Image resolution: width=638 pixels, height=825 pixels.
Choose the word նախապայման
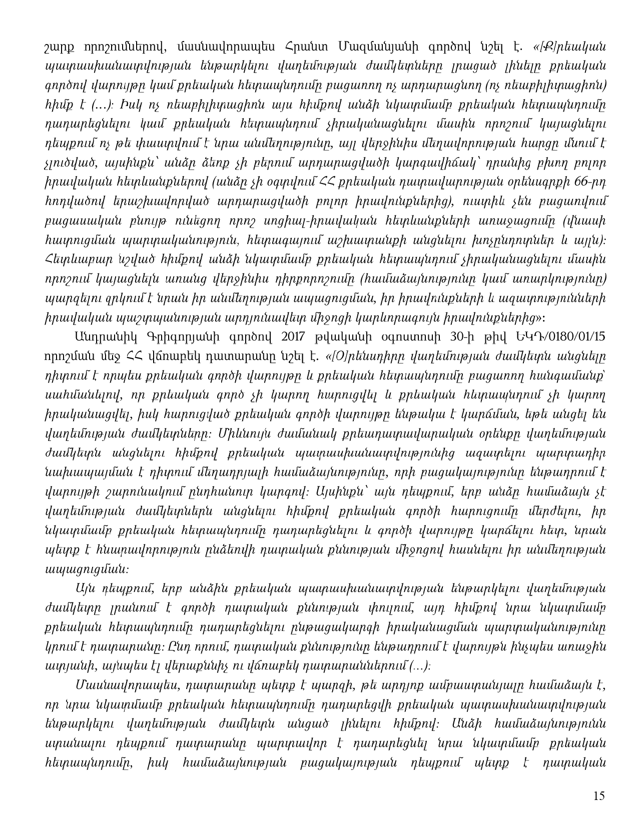pos(73,471)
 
